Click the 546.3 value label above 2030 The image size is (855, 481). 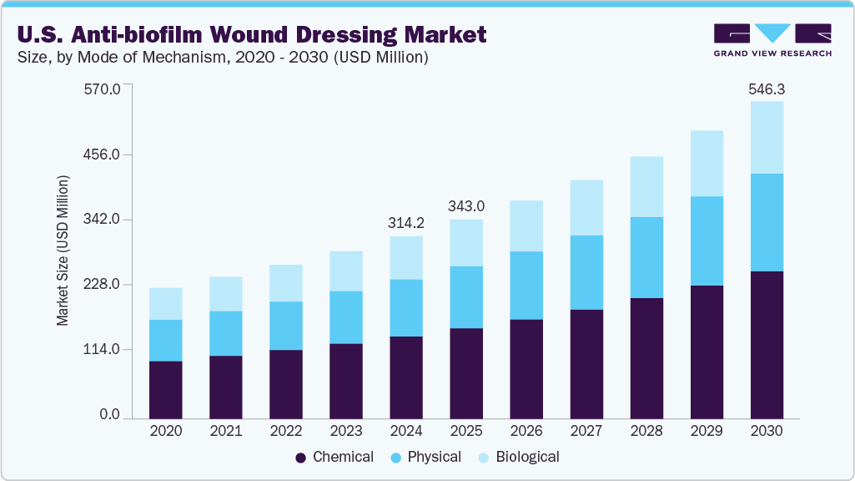[x=767, y=89]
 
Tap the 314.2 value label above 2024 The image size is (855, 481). [x=406, y=223]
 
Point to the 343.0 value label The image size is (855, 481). [x=466, y=206]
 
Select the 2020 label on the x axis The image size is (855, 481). [x=166, y=432]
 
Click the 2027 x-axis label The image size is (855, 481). [x=586, y=432]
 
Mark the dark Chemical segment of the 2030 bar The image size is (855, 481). [x=767, y=344]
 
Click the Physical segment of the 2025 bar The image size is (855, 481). [x=466, y=297]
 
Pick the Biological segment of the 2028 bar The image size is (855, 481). [x=646, y=187]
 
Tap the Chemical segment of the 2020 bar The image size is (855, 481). [x=166, y=389]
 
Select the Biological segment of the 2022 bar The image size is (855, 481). [x=286, y=283]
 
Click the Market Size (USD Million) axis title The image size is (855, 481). [x=63, y=251]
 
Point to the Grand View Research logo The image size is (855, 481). [x=772, y=39]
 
